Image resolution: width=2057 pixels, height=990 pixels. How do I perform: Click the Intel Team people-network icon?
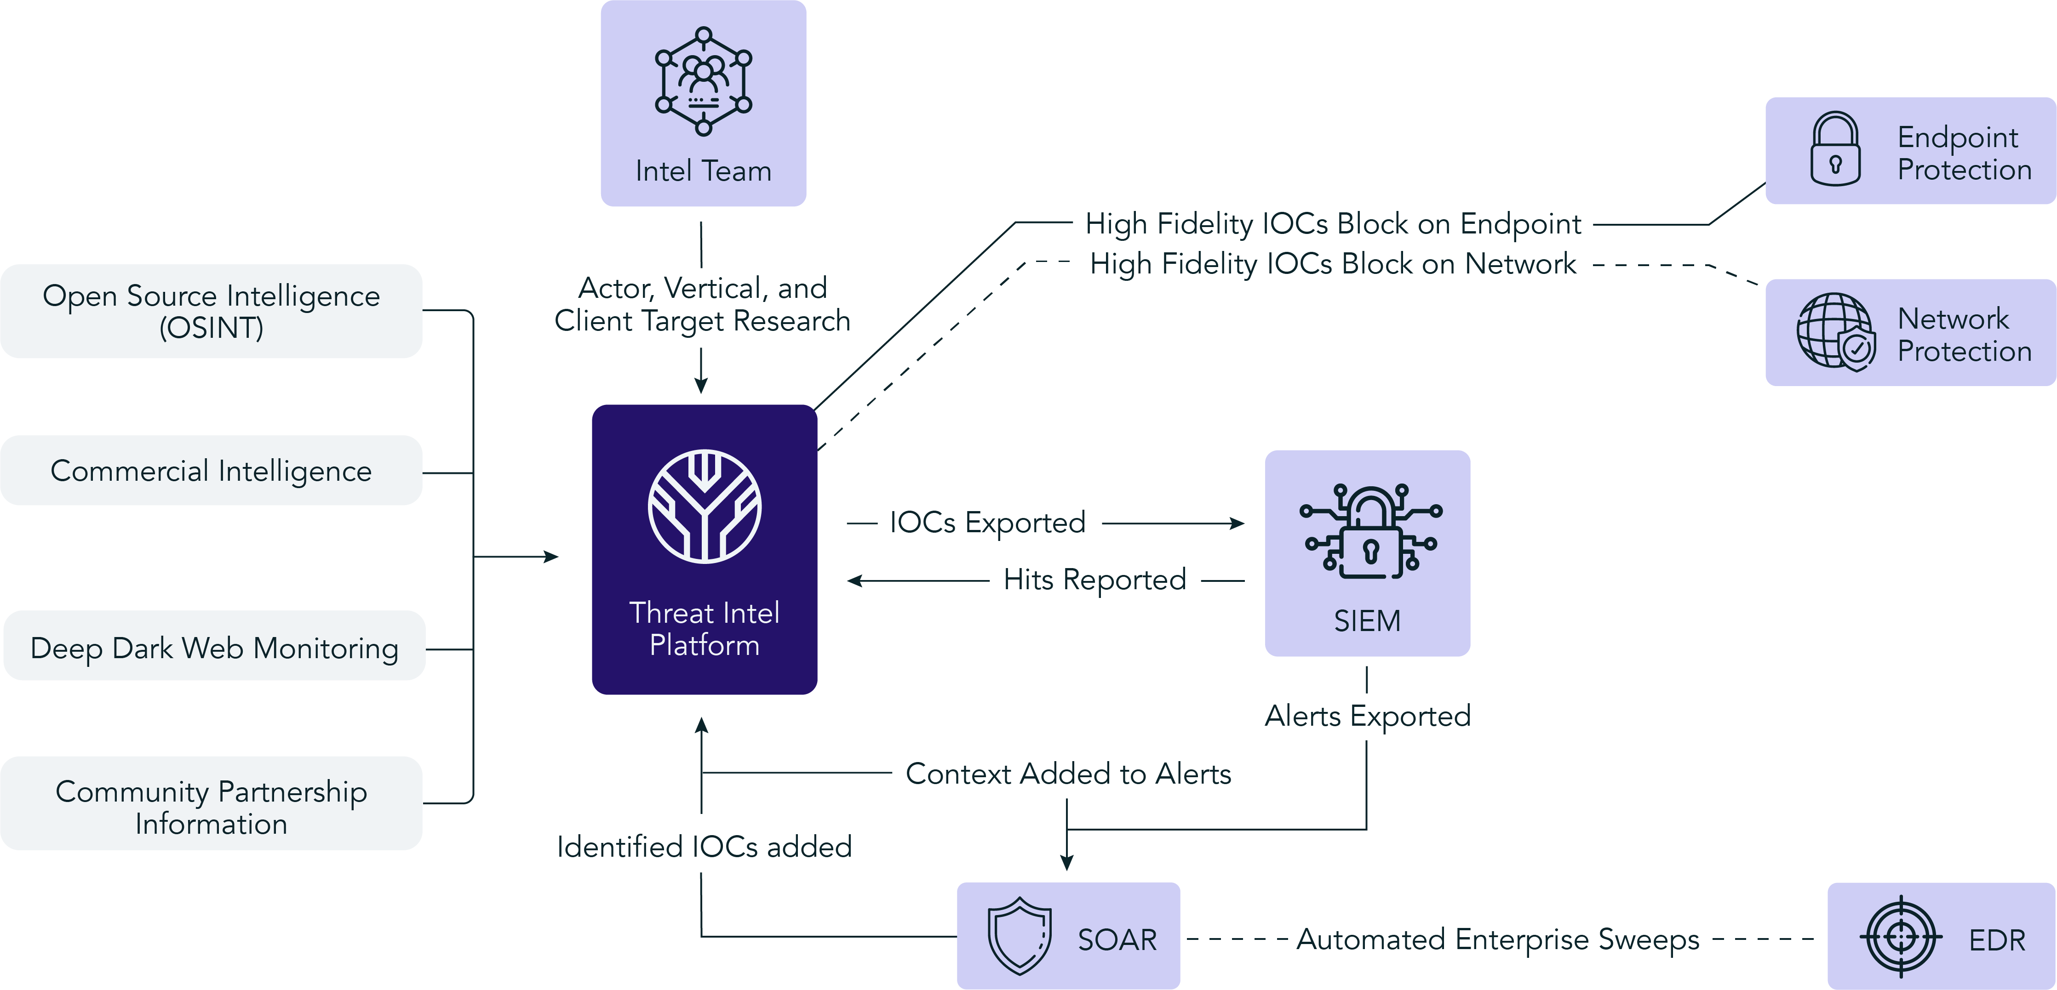pyautogui.click(x=703, y=80)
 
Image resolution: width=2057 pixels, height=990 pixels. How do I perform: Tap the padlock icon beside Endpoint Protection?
pyautogui.click(x=1835, y=149)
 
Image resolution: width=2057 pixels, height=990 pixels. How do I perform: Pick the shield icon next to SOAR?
pyautogui.click(x=1020, y=936)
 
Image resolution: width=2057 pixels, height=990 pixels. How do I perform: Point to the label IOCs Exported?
pyautogui.click(x=987, y=523)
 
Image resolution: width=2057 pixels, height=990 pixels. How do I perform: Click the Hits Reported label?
pyautogui.click(x=1094, y=580)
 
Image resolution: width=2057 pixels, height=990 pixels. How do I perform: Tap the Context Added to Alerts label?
pyautogui.click(x=1068, y=774)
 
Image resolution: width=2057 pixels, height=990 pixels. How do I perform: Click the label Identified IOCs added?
pyautogui.click(x=704, y=846)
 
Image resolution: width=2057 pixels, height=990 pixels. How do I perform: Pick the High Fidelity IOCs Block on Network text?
pyautogui.click(x=1333, y=263)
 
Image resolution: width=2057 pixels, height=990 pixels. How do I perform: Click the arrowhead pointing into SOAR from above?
pyautogui.click(x=1067, y=863)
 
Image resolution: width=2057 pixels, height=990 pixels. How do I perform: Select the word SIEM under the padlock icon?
pyautogui.click(x=1367, y=620)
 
